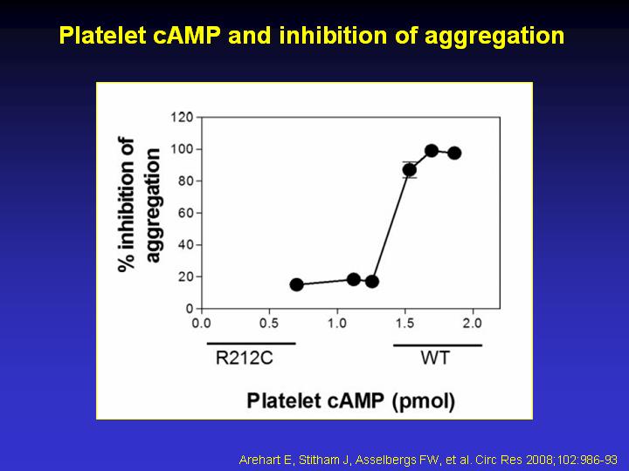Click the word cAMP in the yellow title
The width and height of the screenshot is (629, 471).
coord(187,35)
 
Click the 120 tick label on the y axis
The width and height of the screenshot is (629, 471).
coord(182,118)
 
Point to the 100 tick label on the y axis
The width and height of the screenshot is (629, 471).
coord(182,149)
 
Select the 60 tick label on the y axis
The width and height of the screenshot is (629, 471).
coord(186,213)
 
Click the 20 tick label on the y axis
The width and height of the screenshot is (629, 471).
coord(186,276)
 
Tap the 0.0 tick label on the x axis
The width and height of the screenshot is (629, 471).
coord(202,323)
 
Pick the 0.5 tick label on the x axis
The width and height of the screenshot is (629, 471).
coord(269,323)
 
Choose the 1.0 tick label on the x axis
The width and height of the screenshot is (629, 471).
coord(337,323)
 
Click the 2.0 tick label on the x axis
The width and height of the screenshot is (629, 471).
coord(473,323)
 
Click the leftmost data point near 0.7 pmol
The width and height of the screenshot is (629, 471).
coord(296,284)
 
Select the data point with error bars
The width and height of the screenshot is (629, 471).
coord(410,170)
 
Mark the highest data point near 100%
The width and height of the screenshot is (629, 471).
coord(432,151)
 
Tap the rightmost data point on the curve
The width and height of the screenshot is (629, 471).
coord(454,153)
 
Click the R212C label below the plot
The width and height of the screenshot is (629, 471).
coord(245,358)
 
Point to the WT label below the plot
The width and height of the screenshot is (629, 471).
coord(435,358)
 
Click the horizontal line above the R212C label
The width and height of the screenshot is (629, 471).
coord(251,344)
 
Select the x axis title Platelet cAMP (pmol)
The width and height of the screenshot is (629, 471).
coord(351,401)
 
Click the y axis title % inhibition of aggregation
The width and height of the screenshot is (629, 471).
coord(139,205)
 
